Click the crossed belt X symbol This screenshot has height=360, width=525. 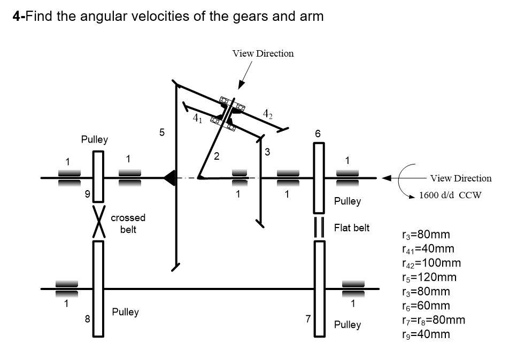tap(98, 222)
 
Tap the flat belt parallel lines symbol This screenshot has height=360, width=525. tap(319, 227)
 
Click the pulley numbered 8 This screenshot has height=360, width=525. tap(98, 288)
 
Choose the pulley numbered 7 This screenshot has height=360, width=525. tap(319, 288)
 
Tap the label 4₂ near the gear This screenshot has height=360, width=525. tap(268, 113)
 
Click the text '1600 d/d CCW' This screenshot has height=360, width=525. tap(450, 195)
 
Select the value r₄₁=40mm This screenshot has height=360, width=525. tap(428, 248)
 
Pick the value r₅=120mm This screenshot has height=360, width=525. tap(429, 277)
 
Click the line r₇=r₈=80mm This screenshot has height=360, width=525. tap(433, 320)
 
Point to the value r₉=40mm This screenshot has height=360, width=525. tap(426, 334)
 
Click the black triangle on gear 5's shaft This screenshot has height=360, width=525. tap(169, 178)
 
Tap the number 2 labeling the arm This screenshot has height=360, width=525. tap(217, 156)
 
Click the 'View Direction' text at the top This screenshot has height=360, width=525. tap(262, 53)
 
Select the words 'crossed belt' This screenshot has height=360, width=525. tap(128, 224)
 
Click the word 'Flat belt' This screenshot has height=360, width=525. tap(351, 228)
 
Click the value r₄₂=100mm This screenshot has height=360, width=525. tap(431, 263)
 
